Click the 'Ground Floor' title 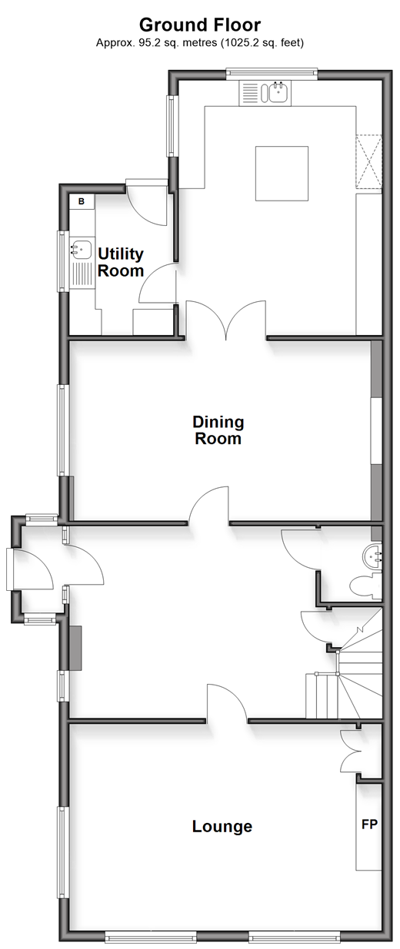pos(200,25)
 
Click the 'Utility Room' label pos(121,262)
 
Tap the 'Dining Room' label pos(218,430)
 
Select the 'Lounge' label pos(222,826)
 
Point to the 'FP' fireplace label pos(369,824)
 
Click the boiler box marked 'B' pos(82,201)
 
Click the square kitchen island pos(282,173)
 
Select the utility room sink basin pos(81,249)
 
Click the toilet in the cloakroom pos(366,587)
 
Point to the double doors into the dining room pos(226,320)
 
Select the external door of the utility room pos(146,204)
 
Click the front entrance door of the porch pos(31,569)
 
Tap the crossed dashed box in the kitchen pos(369,161)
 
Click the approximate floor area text pos(200,42)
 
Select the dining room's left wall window pos(63,430)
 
